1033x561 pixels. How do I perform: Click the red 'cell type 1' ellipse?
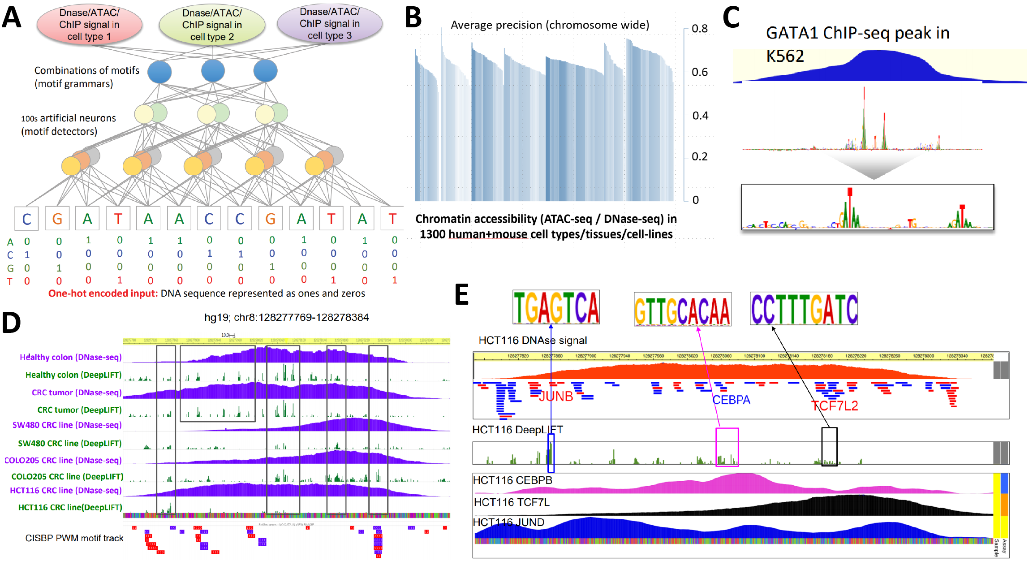[89, 25]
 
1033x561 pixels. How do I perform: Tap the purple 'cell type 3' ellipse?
[330, 23]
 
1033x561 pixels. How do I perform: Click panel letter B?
[413, 18]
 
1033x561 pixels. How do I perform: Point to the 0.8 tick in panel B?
[699, 29]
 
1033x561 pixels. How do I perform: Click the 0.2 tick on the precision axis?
[699, 157]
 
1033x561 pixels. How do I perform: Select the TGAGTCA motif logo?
[556, 307]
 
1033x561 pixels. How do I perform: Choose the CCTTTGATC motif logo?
[804, 309]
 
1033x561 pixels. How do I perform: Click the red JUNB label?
[556, 397]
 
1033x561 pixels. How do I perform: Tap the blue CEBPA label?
[731, 400]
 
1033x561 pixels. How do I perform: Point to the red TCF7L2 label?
[835, 406]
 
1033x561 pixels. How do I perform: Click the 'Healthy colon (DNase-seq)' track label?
[70, 357]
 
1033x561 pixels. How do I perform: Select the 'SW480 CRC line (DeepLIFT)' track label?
[69, 443]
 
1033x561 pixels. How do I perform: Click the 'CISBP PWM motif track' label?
[74, 538]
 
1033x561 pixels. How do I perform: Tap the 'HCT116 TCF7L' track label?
[511, 502]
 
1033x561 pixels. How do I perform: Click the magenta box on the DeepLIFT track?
[727, 447]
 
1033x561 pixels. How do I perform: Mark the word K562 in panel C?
[785, 56]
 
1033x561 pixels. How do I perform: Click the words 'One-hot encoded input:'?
[103, 293]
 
